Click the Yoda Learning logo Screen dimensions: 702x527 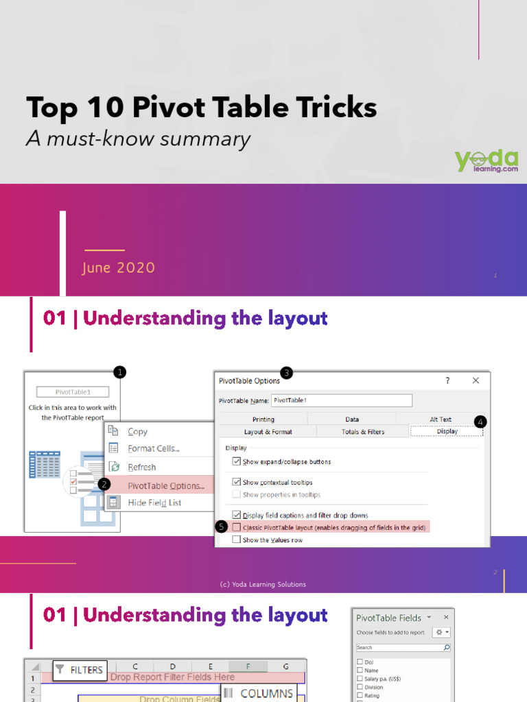point(487,160)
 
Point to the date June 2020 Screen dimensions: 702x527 point(118,268)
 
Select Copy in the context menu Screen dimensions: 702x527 point(137,431)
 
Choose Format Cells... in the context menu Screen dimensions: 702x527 point(154,449)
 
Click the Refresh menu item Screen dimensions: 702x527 point(141,467)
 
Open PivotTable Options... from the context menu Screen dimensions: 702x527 point(165,485)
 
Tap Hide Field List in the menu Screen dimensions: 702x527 point(154,503)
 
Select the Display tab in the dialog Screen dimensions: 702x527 point(447,431)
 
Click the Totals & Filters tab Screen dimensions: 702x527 point(363,431)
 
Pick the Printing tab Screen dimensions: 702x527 point(263,419)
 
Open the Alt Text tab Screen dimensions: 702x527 point(441,419)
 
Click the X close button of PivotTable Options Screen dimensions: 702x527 point(476,380)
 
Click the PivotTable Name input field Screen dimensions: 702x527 point(341,400)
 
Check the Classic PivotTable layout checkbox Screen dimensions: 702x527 point(237,527)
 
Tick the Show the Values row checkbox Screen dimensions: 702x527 point(237,540)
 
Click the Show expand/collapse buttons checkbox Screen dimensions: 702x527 point(237,461)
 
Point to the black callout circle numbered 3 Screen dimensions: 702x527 point(287,372)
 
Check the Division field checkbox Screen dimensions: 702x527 point(360,687)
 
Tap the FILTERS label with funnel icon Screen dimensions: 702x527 point(80,670)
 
